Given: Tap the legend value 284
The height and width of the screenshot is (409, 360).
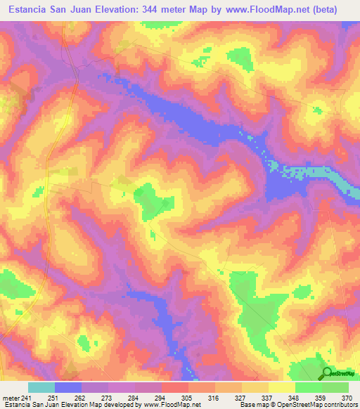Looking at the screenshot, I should (x=134, y=397).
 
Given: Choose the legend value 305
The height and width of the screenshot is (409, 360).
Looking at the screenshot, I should (x=188, y=397).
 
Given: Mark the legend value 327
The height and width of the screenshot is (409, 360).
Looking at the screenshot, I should (x=241, y=397).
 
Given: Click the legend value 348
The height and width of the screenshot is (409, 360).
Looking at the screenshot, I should (x=295, y=397).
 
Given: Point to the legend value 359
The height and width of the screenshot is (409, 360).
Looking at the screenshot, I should (x=321, y=397).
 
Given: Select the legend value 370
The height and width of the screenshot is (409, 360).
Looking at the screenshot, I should (x=347, y=397).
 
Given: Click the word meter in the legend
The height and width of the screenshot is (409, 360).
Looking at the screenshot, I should (x=10, y=397).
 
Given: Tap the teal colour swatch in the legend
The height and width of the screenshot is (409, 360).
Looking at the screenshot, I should (x=41, y=387).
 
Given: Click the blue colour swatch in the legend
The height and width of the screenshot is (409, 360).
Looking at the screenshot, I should (x=68, y=387).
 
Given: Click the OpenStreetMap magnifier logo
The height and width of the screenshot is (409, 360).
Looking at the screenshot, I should (x=327, y=374).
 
